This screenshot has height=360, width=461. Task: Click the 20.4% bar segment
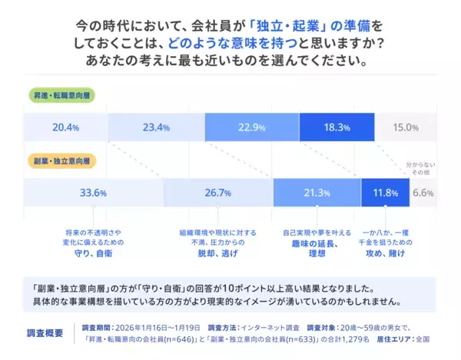point(66,127)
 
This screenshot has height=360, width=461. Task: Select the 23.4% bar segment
point(156,127)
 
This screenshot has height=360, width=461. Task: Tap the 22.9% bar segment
point(251,127)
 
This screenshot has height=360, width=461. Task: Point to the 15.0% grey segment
point(406,127)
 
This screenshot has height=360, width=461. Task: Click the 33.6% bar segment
point(93,193)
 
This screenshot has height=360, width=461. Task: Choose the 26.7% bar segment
point(218,193)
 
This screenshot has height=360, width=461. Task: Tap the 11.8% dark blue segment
point(384,193)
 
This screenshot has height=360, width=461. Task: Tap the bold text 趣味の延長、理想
point(316,249)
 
